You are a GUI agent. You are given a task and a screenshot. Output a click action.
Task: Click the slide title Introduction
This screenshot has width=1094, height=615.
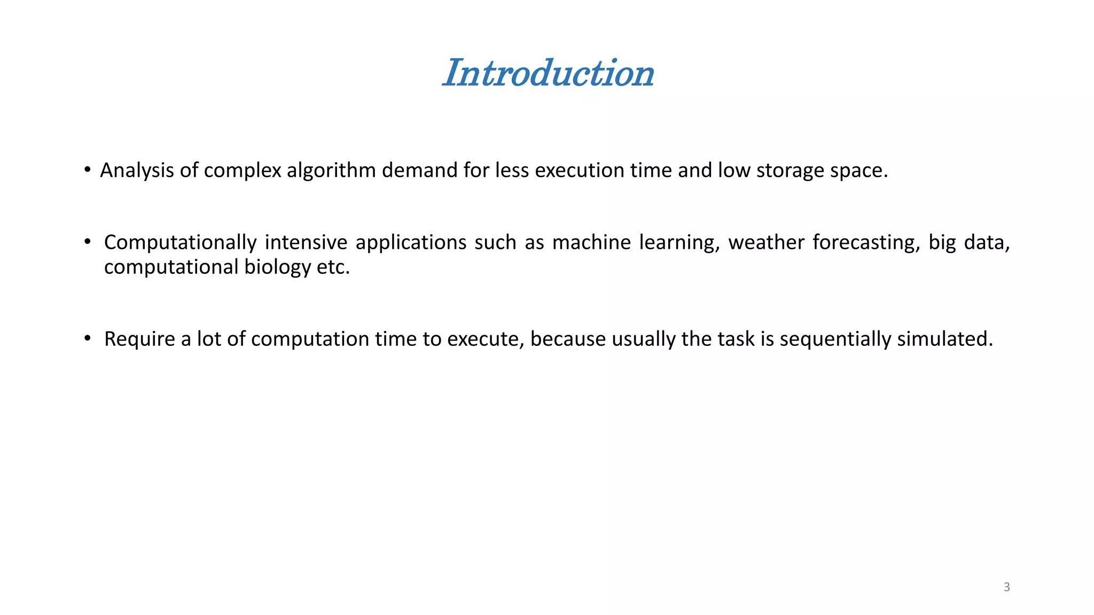click(x=548, y=73)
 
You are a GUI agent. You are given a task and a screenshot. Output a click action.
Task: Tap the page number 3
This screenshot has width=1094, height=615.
click(x=1006, y=587)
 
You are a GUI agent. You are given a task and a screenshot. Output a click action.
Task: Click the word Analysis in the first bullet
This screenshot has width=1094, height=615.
click(x=137, y=170)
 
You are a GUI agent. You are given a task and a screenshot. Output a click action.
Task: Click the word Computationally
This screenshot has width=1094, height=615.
click(x=180, y=243)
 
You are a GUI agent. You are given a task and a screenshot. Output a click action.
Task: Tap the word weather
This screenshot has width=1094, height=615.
click(x=766, y=243)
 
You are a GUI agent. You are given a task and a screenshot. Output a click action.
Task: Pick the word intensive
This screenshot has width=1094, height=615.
click(x=306, y=243)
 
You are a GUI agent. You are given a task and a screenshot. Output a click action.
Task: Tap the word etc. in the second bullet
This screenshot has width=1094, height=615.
click(x=333, y=267)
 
